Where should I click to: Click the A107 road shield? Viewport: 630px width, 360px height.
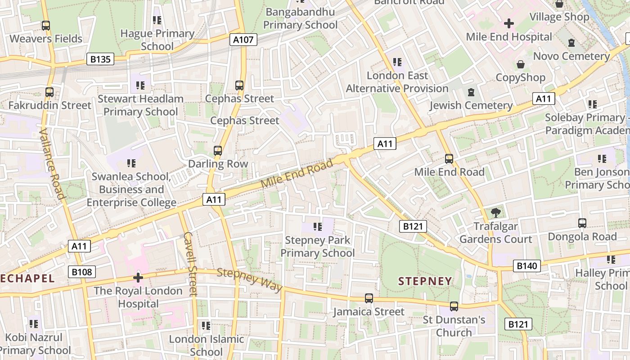[243, 40]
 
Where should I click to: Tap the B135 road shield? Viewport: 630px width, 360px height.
[100, 59]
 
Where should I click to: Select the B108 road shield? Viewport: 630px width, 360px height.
[82, 272]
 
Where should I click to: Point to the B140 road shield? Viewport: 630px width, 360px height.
[526, 266]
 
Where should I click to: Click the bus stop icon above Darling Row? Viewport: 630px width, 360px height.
[218, 151]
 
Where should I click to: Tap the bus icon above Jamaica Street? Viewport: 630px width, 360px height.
[369, 298]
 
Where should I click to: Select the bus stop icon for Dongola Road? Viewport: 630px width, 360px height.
[582, 223]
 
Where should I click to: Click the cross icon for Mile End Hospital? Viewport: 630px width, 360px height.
[509, 23]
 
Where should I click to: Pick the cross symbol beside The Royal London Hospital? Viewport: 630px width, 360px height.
[138, 277]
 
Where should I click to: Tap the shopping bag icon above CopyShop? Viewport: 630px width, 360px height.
[521, 64]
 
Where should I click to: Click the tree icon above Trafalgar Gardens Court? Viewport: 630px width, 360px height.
[496, 212]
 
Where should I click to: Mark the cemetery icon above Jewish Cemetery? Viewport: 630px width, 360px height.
[471, 92]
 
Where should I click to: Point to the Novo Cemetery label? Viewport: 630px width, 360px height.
[571, 56]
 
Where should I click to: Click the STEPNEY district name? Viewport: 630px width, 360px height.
[425, 281]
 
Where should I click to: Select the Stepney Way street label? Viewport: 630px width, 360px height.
[250, 279]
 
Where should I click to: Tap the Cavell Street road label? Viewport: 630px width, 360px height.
[191, 264]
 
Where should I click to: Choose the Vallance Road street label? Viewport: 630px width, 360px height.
[52, 163]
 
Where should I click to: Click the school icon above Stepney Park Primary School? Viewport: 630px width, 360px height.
[318, 227]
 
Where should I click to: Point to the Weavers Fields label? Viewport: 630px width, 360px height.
[46, 39]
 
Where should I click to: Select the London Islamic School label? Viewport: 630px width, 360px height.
[207, 345]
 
